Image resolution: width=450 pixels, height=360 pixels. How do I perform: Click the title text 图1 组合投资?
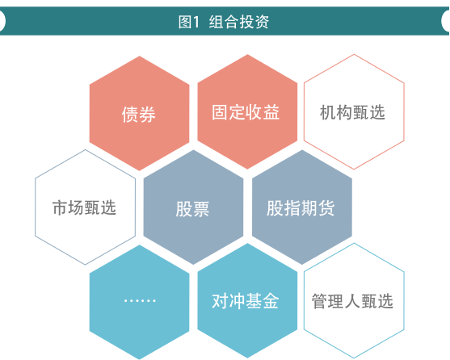point(224,22)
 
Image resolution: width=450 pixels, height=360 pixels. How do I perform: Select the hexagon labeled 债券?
point(139,113)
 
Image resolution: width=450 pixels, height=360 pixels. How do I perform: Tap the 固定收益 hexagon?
point(247,111)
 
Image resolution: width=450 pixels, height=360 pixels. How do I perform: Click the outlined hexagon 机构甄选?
point(354,111)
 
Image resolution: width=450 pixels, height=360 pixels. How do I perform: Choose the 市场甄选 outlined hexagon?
point(86,207)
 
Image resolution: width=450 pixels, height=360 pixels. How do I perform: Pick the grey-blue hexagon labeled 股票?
point(193,207)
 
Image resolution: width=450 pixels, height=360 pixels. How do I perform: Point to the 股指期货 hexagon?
point(302,207)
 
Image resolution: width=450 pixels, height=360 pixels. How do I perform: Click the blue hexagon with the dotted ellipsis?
point(139,302)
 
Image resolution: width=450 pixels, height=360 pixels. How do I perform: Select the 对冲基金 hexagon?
point(247,301)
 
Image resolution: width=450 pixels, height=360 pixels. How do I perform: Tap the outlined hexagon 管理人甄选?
point(354,301)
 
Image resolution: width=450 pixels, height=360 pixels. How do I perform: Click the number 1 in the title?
point(196,22)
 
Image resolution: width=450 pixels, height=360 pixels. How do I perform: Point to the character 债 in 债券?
point(130,114)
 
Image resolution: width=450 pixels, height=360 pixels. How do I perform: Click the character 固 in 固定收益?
point(220,112)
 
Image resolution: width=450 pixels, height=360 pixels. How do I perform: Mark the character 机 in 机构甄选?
point(328,112)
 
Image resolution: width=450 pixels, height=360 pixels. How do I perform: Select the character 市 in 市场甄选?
point(60,207)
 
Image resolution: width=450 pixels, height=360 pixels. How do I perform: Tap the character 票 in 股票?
point(201,209)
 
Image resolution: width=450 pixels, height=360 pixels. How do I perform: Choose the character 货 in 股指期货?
point(326,207)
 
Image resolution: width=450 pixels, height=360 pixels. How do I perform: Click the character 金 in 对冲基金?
point(271,301)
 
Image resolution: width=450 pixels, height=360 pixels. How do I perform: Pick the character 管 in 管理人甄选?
point(320,301)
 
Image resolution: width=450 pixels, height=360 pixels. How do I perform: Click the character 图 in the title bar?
point(185,22)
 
